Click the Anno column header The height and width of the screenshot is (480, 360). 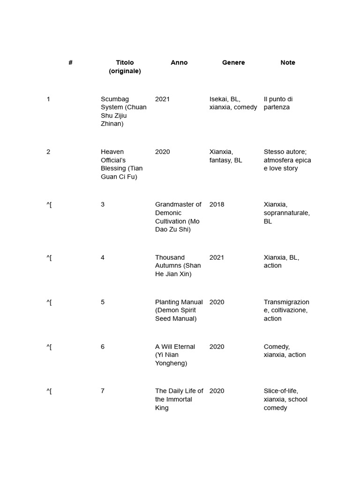179,62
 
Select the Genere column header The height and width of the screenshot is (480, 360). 233,62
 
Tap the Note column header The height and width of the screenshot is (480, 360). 288,62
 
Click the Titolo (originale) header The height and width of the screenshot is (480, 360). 125,67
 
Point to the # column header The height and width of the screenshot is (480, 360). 70,62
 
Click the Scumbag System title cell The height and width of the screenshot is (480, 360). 124,111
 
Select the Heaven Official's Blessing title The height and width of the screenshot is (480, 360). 122,164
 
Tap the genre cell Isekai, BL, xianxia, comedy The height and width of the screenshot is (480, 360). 233,103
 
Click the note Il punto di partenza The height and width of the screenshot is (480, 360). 278,103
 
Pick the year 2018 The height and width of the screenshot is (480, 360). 217,204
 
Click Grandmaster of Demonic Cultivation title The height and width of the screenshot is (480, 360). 178,217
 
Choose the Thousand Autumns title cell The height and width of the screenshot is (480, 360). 178,265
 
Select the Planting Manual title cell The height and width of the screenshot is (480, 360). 179,310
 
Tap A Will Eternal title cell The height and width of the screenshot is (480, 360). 175,355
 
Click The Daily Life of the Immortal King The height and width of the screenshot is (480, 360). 179,399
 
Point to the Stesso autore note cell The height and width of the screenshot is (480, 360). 287,160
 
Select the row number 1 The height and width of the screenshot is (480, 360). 48,99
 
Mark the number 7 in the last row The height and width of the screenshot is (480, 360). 103,391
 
